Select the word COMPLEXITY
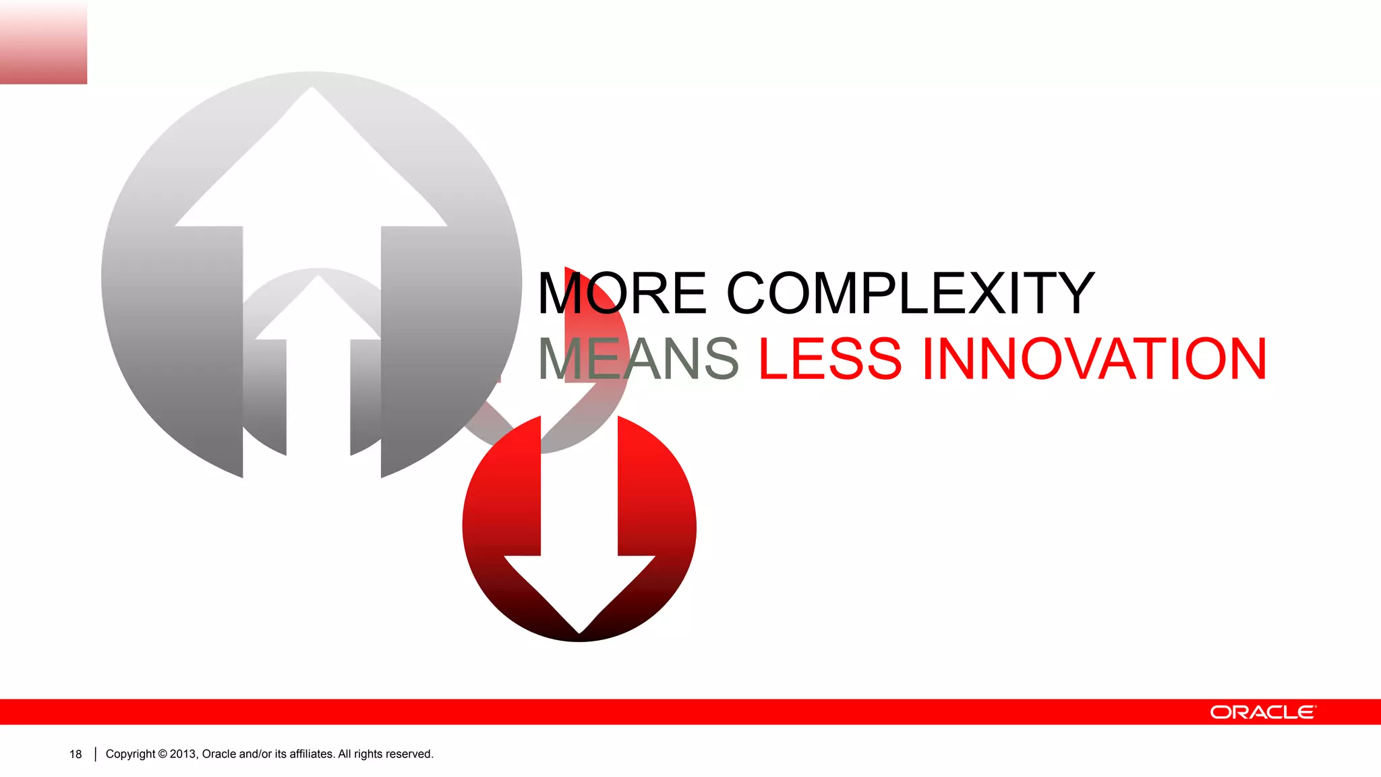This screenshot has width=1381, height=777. (x=910, y=293)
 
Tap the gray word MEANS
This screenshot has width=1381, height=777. (x=638, y=359)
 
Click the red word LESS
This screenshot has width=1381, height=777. (x=830, y=359)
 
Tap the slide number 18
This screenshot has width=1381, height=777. (x=76, y=754)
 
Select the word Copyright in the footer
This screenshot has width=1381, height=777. (x=130, y=754)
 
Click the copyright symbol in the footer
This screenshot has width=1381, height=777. (x=163, y=754)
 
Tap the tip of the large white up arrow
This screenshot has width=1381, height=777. (x=312, y=89)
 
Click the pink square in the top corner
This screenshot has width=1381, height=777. (x=43, y=42)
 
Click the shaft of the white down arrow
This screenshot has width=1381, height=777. (x=579, y=486)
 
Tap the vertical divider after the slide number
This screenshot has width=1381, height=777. (x=95, y=754)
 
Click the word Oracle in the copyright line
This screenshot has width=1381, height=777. (x=218, y=754)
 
